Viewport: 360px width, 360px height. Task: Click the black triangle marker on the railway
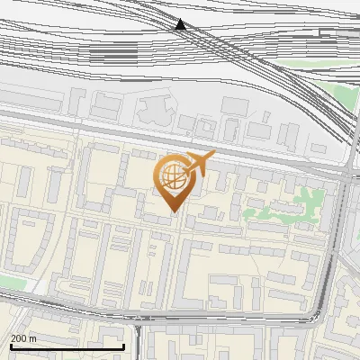[181, 24]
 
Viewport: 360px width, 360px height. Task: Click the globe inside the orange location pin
[171, 175]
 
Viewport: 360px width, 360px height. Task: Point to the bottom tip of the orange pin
[172, 211]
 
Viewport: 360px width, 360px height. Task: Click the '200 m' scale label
[23, 338]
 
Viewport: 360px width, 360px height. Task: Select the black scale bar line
[67, 346]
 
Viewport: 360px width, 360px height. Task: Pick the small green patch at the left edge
[9, 282]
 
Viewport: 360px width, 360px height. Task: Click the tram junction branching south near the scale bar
[138, 326]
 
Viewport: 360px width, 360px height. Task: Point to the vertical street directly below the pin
[179, 270]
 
